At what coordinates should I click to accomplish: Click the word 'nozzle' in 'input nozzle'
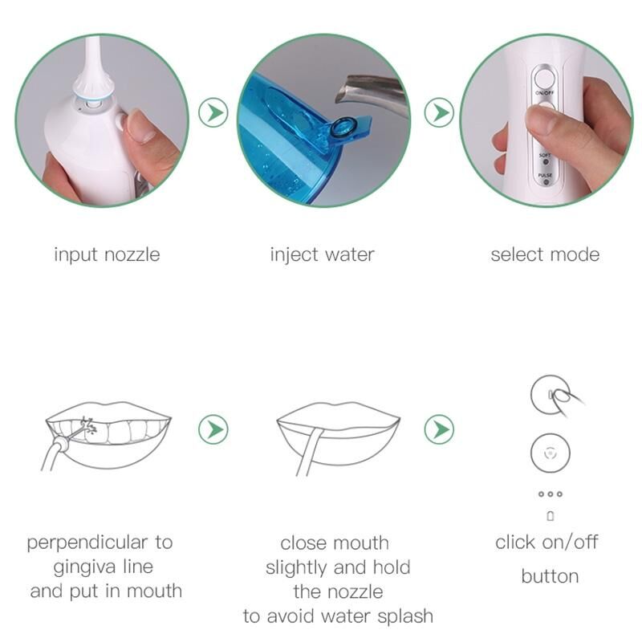click(132, 254)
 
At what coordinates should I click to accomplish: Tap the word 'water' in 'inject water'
click(350, 254)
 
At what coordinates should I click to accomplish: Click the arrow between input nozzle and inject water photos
click(213, 112)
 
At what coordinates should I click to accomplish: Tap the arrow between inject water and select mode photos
click(439, 112)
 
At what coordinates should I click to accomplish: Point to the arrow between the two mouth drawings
click(213, 429)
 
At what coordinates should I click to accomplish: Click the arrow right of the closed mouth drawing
click(439, 429)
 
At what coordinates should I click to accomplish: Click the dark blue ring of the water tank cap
click(343, 127)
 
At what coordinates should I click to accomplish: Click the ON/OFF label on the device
click(545, 93)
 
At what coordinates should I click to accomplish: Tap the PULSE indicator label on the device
click(545, 175)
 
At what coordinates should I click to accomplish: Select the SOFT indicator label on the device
click(545, 155)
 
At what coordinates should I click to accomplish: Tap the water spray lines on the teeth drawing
click(89, 425)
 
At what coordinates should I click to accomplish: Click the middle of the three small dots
click(551, 494)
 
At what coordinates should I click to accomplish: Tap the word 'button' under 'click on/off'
click(550, 576)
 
